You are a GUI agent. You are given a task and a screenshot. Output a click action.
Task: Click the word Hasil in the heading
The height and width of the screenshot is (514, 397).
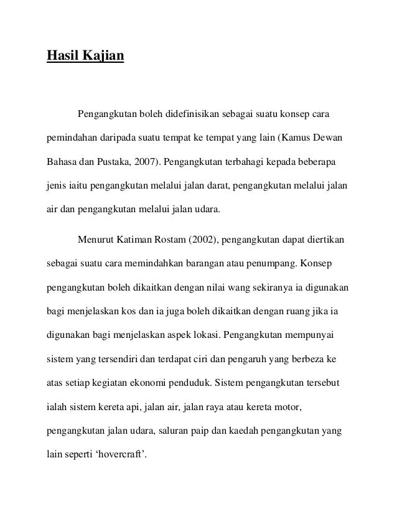63,57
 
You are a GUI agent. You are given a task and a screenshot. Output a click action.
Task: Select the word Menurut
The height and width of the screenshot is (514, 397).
94,240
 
